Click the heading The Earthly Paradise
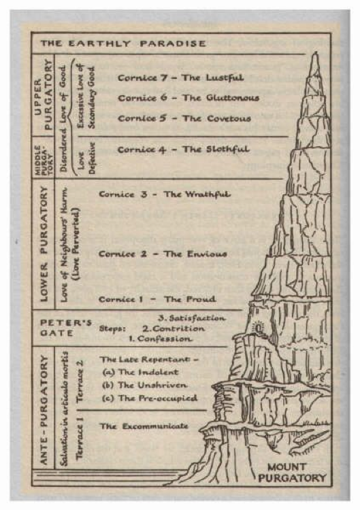pyautogui.click(x=123, y=44)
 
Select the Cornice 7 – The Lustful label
pyautogui.click(x=180, y=78)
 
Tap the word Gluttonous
pyautogui.click(x=233, y=97)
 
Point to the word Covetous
pyautogui.click(x=229, y=118)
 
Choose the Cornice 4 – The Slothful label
pyautogui.click(x=184, y=150)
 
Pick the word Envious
pyautogui.click(x=207, y=254)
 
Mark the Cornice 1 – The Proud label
pyautogui.click(x=157, y=299)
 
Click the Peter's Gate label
pyautogui.click(x=66, y=328)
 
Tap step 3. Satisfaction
pyautogui.click(x=191, y=318)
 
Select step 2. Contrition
pyautogui.click(x=174, y=328)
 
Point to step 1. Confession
pyautogui.click(x=160, y=339)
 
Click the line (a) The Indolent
pyautogui.click(x=140, y=372)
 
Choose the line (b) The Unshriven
pyautogui.click(x=145, y=385)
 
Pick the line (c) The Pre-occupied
pyautogui.click(x=150, y=398)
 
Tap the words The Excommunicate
pyautogui.click(x=144, y=426)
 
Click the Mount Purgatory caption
pyautogui.click(x=292, y=473)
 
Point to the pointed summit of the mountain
pyautogui.click(x=315, y=54)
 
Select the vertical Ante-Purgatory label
pyautogui.click(x=44, y=409)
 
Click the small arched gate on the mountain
pyautogui.click(x=258, y=328)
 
